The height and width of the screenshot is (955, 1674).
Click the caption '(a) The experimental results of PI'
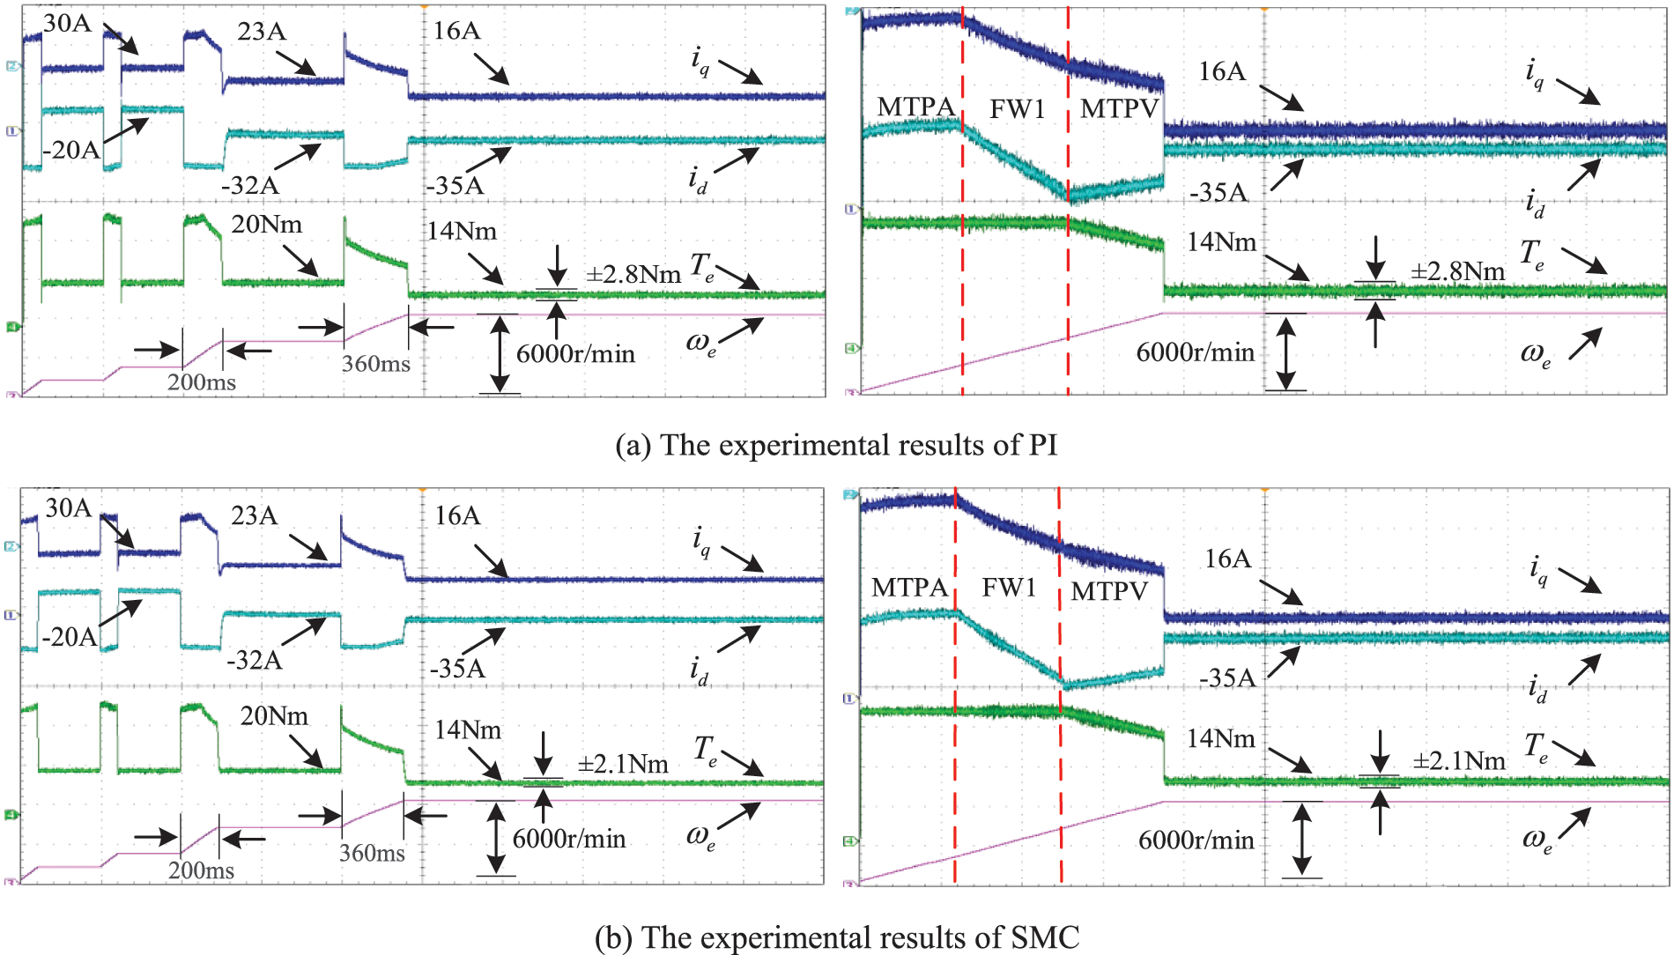pyautogui.click(x=836, y=445)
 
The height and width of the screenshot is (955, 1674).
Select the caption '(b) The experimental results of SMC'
pyautogui.click(x=836, y=936)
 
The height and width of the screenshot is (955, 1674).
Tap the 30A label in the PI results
pyautogui.click(x=67, y=23)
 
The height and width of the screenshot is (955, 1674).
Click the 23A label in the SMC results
pyautogui.click(x=255, y=515)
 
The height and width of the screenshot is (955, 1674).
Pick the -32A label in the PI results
pyautogui.click(x=250, y=185)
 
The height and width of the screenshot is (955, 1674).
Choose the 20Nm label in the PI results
pyautogui.click(x=266, y=225)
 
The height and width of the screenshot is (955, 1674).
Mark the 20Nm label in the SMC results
pyautogui.click(x=274, y=715)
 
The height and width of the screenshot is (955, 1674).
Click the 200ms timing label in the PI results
pyautogui.click(x=202, y=382)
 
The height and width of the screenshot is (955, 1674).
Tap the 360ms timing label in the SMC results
pyautogui.click(x=372, y=853)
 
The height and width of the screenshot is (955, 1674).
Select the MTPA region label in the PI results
pyautogui.click(x=916, y=107)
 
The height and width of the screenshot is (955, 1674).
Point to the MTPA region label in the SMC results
pyautogui.click(x=909, y=588)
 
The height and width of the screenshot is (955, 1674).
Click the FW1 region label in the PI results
pyautogui.click(x=1017, y=109)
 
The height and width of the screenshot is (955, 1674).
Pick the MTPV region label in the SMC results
pyautogui.click(x=1109, y=591)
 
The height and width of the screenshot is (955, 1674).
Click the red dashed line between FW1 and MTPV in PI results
pyautogui.click(x=1068, y=264)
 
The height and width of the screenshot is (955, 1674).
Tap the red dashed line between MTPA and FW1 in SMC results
pyautogui.click(x=955, y=749)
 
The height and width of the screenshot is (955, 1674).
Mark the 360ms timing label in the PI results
pyautogui.click(x=376, y=363)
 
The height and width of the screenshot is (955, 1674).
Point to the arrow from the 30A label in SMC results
pyautogui.click(x=116, y=532)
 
